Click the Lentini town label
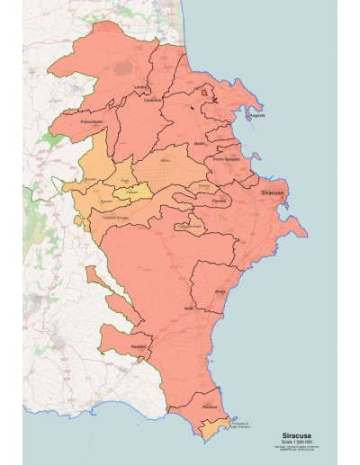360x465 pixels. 139,86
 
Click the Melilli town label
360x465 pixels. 199,144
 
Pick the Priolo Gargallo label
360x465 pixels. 227,159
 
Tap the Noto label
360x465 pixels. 188,309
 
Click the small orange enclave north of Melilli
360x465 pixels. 206,91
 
